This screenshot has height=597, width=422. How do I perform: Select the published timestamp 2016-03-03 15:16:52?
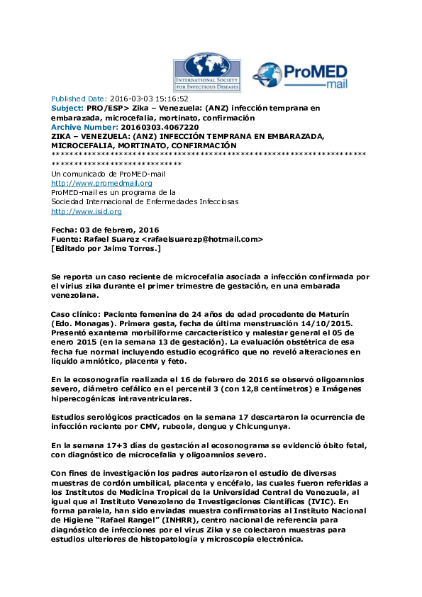tap(149, 99)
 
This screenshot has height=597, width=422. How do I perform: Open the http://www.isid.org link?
tap(77, 211)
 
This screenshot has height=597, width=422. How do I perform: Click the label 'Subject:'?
tap(67, 108)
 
